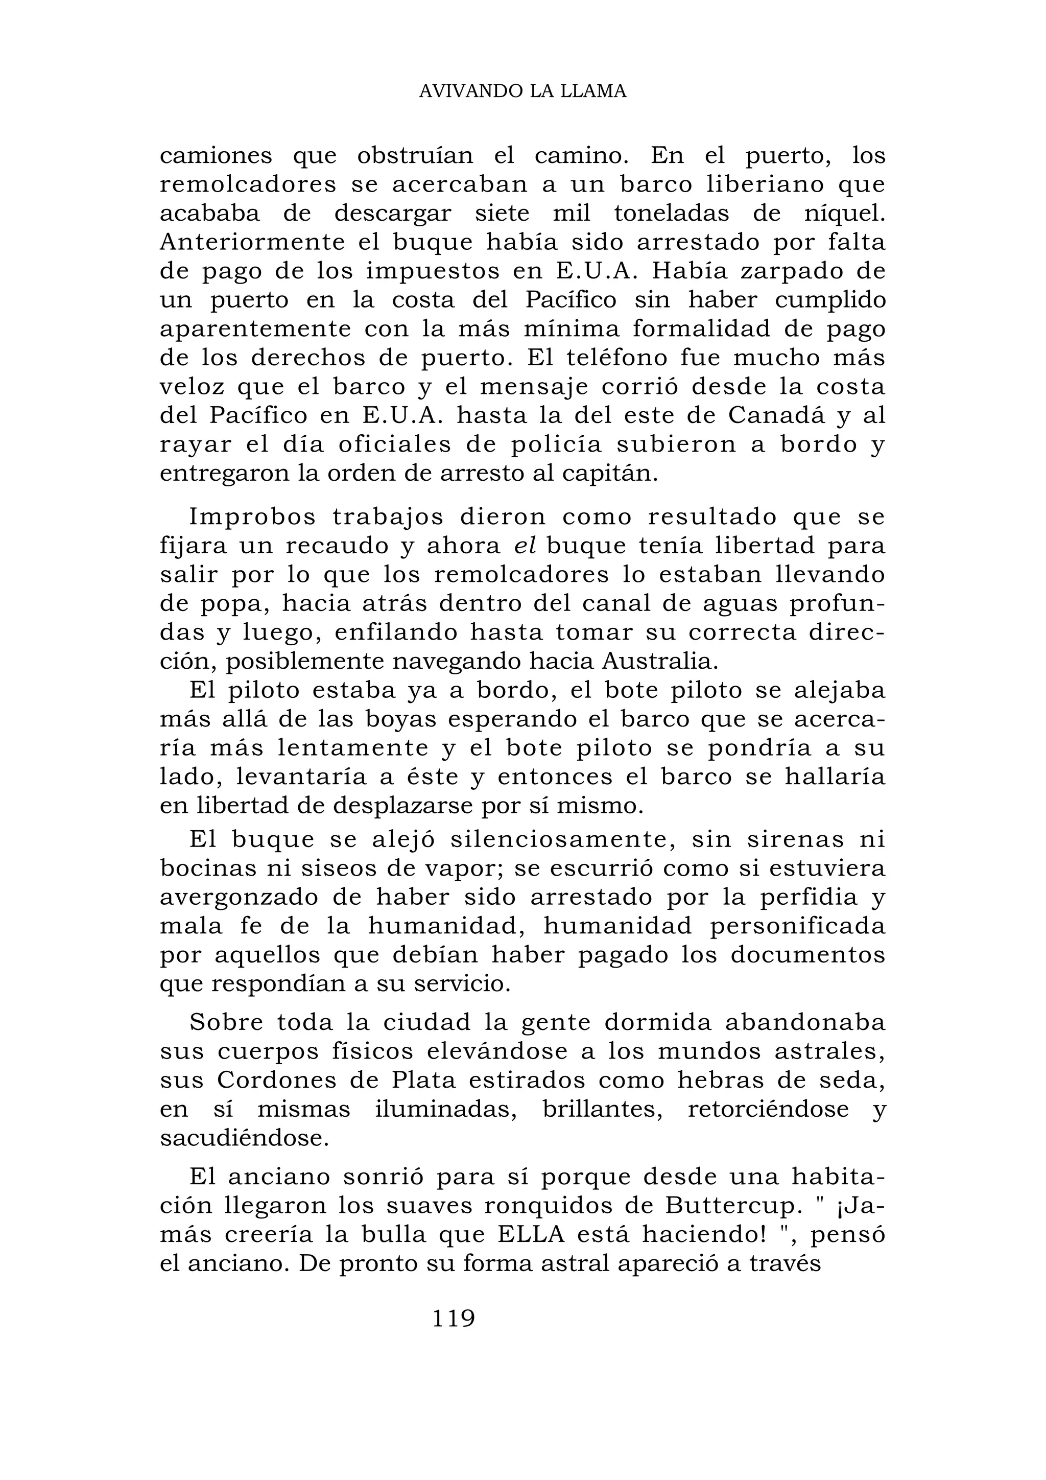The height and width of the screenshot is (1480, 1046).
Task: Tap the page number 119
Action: tap(453, 1318)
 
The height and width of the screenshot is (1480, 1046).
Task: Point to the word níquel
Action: tap(843, 214)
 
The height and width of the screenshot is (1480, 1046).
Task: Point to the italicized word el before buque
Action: tap(525, 547)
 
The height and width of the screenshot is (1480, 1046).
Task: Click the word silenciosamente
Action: tap(561, 840)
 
